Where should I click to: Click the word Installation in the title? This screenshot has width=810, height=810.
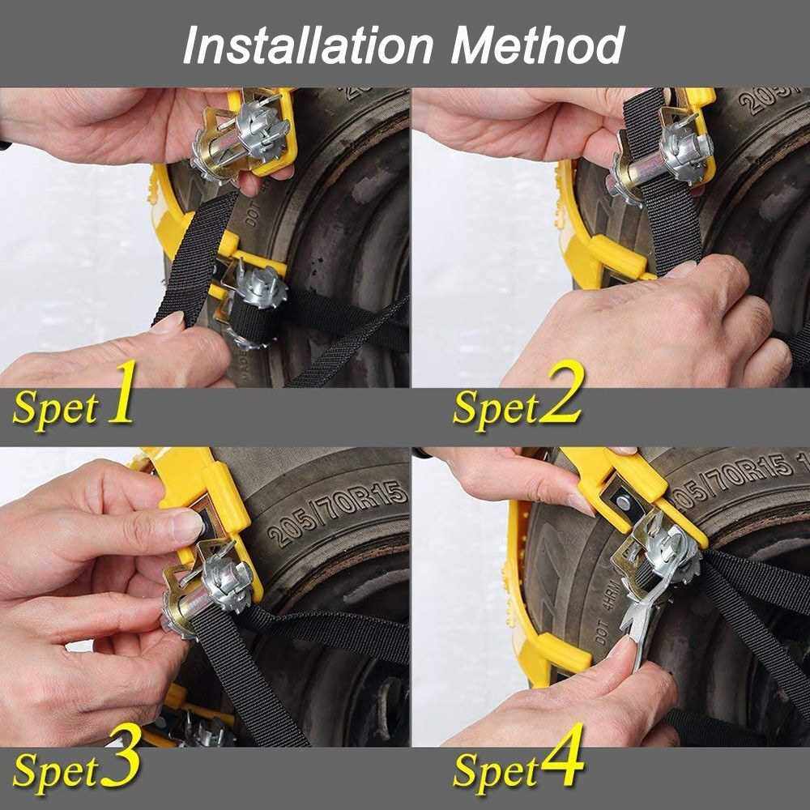[x=308, y=45]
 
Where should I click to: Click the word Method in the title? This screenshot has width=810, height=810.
[x=538, y=45]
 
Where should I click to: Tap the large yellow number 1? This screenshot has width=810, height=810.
[x=122, y=392]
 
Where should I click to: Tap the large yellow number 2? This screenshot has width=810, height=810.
[x=561, y=392]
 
